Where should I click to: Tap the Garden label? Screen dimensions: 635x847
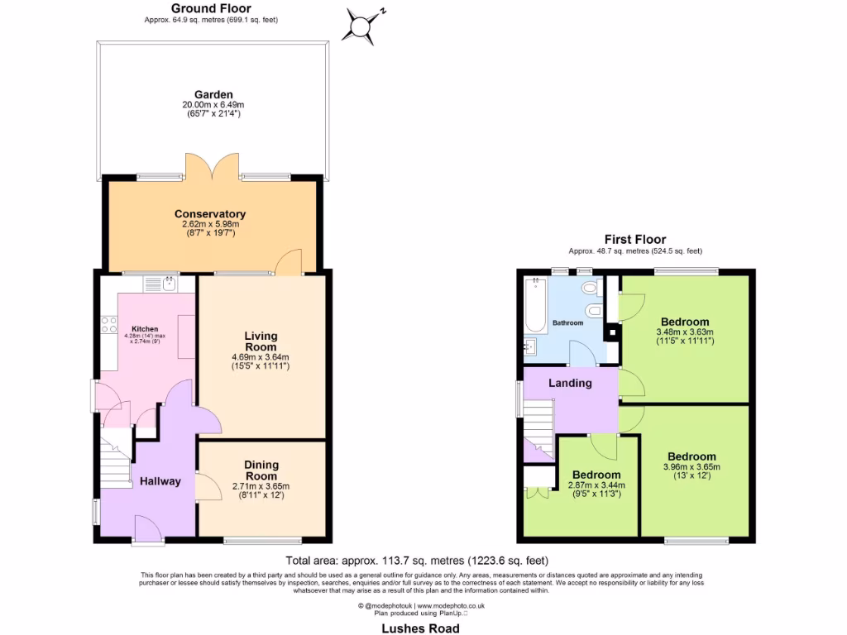pyautogui.click(x=213, y=94)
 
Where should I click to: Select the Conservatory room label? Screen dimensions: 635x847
pyautogui.click(x=210, y=213)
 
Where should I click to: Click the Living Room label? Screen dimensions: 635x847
pyautogui.click(x=261, y=341)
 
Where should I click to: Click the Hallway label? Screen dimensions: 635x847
pyautogui.click(x=160, y=481)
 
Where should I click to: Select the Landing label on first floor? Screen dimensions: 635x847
pyautogui.click(x=570, y=383)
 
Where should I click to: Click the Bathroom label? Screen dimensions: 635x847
pyautogui.click(x=568, y=322)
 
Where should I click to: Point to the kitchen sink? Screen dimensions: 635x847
pyautogui.click(x=158, y=284)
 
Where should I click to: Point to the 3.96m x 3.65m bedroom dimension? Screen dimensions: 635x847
pyautogui.click(x=692, y=466)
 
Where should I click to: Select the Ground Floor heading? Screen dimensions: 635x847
pyautogui.click(x=211, y=8)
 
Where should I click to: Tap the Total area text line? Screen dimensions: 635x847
pyautogui.click(x=417, y=560)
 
